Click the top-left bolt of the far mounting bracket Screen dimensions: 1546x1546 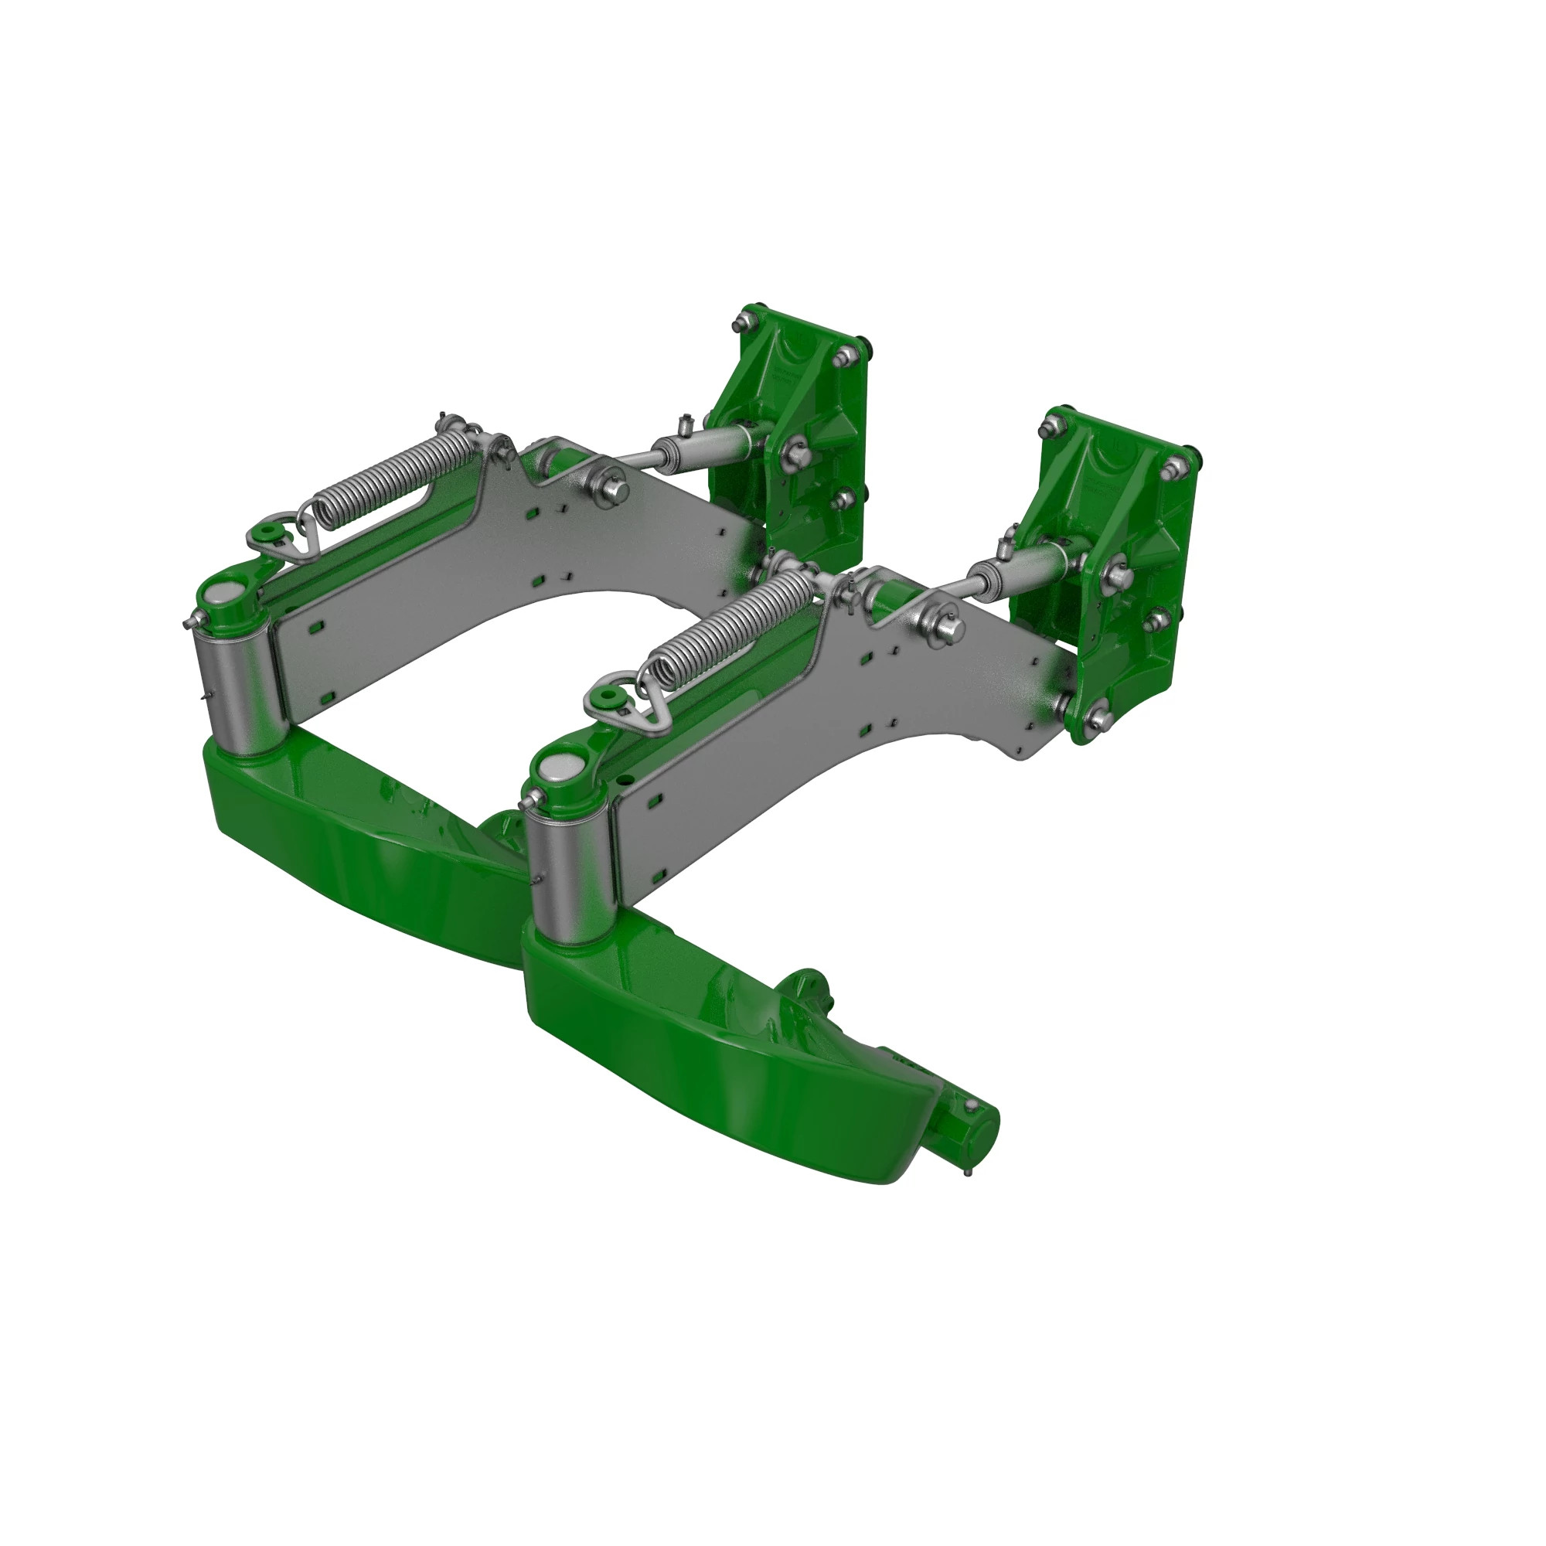pos(744,323)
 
